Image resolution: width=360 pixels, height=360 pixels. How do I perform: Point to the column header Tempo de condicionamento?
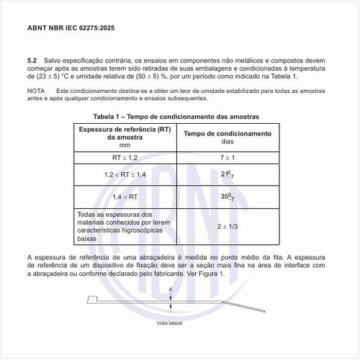click(227, 134)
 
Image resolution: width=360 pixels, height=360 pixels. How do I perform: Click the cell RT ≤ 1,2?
click(125, 156)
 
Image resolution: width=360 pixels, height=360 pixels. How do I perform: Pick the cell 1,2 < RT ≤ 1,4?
click(125, 175)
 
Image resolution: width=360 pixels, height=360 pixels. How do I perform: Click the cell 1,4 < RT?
click(125, 197)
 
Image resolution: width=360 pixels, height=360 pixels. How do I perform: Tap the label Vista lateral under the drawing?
click(170, 323)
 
